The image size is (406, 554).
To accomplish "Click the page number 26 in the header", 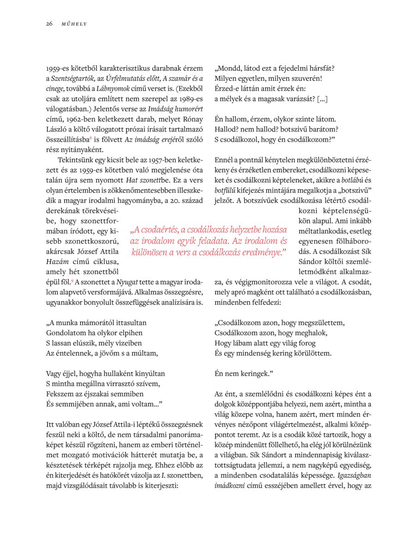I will (x=49, y=24).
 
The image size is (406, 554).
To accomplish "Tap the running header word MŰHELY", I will (x=74, y=24).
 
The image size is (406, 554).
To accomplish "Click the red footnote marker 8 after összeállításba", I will (x=91, y=138).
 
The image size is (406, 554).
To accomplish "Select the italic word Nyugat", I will (x=127, y=282).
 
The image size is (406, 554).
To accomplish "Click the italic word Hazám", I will (x=57, y=261).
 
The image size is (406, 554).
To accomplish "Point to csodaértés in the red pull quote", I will (x=160, y=230).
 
